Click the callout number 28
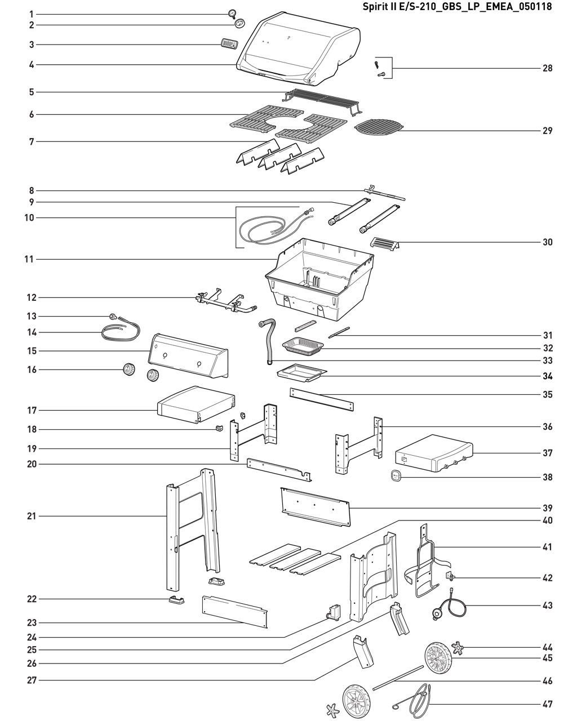[547, 68]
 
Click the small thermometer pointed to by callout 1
[233, 14]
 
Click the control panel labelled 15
[189, 355]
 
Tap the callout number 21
[32, 516]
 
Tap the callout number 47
[547, 704]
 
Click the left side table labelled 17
[194, 404]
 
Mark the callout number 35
[547, 395]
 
